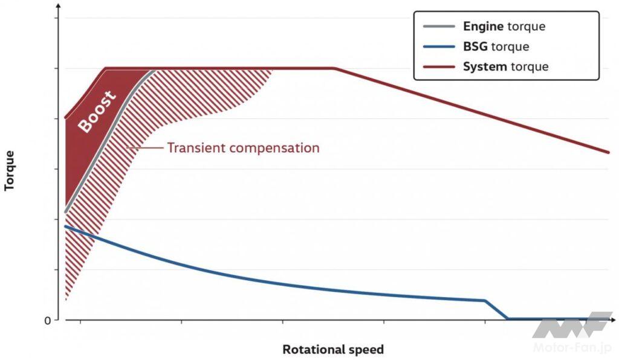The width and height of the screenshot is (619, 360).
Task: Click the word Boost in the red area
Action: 97,111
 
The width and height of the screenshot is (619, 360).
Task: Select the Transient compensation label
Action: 243,147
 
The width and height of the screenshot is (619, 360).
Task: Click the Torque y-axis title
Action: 9,170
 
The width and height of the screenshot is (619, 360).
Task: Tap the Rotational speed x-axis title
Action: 332,350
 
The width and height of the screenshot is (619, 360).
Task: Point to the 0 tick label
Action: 48,320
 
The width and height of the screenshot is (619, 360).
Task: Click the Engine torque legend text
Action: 504,27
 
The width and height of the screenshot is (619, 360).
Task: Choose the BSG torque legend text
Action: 496,47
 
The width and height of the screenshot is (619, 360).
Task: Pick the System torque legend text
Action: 505,66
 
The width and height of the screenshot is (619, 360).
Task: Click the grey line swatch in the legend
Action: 438,27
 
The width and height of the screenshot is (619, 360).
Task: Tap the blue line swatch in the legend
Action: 438,47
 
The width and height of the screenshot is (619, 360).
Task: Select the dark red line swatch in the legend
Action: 438,66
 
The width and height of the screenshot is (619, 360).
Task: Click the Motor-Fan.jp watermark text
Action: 572,347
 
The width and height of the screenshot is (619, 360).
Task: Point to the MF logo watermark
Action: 572,326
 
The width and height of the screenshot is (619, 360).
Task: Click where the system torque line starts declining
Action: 334,68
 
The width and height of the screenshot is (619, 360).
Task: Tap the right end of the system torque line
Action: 608,152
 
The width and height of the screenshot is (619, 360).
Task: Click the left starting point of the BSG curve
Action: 65,227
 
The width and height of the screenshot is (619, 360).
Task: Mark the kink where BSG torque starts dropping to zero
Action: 485,300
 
